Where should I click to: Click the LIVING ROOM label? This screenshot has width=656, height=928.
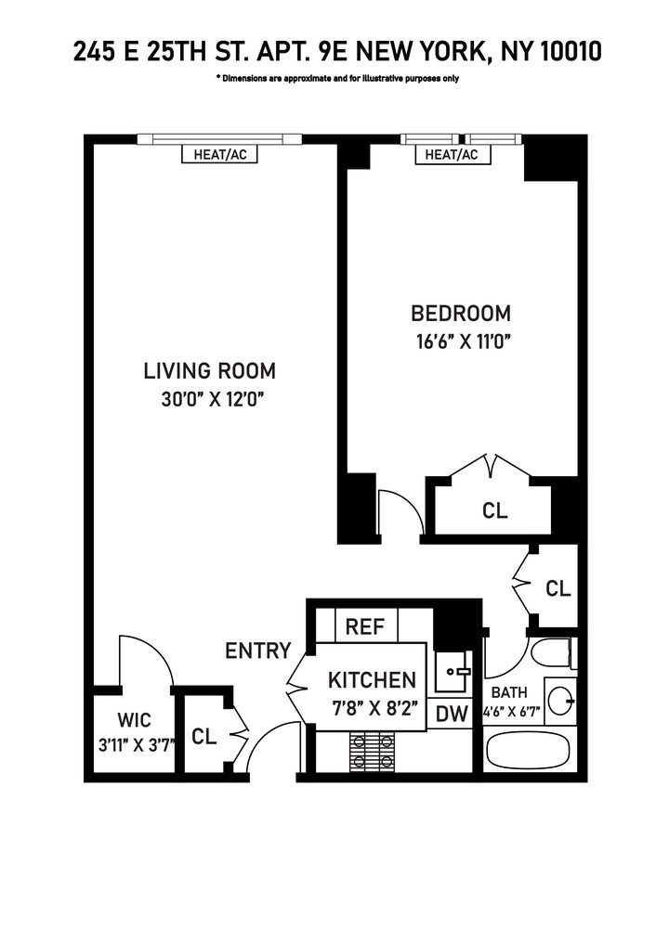209,371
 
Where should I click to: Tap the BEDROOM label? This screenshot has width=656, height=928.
461,313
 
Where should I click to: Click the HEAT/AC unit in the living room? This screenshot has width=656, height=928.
220,155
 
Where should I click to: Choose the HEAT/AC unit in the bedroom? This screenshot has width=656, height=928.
452,155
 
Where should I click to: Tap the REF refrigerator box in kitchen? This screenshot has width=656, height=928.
365,626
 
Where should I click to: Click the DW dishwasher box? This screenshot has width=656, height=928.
451,714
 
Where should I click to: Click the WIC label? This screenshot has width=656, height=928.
134,719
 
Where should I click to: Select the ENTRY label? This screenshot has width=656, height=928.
258,651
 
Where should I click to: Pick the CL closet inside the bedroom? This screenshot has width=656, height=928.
494,510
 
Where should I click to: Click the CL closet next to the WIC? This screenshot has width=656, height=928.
204,737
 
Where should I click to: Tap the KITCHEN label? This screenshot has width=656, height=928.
372,679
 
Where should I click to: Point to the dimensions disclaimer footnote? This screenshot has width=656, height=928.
337,79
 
